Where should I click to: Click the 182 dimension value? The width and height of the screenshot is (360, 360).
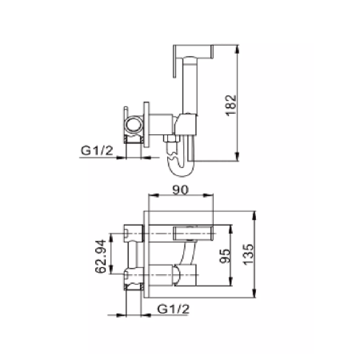(x=231, y=105)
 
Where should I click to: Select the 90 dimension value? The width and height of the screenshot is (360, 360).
(x=180, y=190)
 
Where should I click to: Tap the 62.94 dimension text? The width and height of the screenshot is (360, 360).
(x=101, y=257)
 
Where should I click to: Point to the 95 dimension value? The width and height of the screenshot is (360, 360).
(x=225, y=256)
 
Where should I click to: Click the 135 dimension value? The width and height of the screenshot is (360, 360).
(x=249, y=254)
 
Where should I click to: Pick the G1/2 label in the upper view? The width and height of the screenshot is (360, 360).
(x=97, y=150)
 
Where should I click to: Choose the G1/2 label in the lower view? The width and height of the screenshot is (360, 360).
(x=174, y=309)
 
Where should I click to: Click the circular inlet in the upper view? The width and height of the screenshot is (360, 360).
(x=134, y=125)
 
